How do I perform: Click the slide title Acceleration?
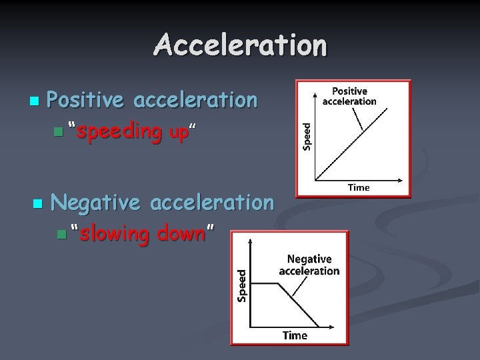(240, 45)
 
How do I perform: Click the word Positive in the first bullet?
(86, 100)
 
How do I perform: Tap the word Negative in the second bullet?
(95, 202)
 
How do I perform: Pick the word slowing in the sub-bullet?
(114, 234)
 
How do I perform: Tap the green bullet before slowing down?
(62, 235)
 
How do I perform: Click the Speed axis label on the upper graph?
(307, 136)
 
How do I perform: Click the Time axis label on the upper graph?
(359, 188)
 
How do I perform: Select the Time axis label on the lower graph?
(295, 335)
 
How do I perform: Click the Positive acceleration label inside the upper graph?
(349, 96)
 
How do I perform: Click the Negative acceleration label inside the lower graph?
(309, 265)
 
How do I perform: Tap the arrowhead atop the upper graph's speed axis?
(315, 87)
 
